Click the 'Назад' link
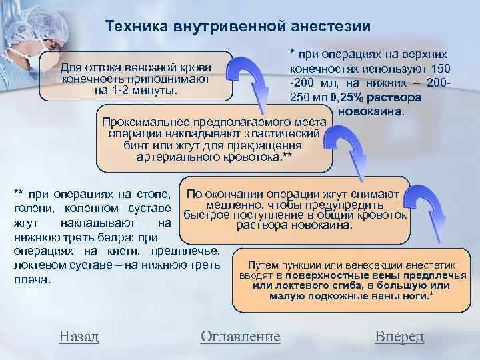tap(79, 336)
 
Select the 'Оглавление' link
tap(241, 336)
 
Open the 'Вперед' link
tap(399, 336)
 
